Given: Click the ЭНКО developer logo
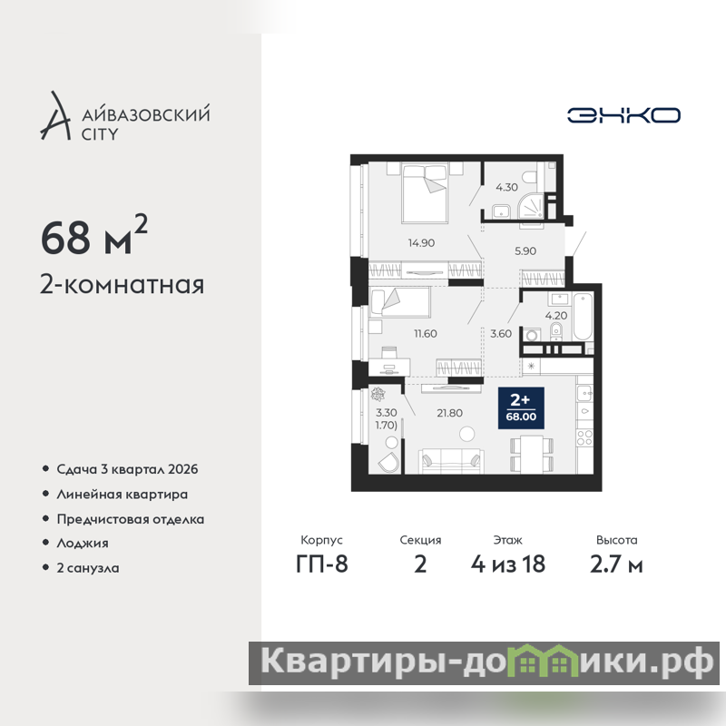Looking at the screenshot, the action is [x=623, y=115].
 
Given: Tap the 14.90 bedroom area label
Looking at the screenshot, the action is [x=421, y=242].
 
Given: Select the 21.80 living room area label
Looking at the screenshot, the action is [x=449, y=413].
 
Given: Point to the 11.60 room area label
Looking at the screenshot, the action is [x=425, y=333].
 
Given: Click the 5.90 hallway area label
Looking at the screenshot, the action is [x=525, y=251].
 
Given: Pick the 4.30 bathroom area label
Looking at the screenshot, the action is [x=506, y=187].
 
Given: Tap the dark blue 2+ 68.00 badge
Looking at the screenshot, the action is [x=521, y=407].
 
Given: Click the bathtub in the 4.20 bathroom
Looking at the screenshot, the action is [x=583, y=317].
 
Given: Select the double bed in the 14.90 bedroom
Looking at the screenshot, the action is [x=425, y=193].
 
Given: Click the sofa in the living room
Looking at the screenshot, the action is [x=451, y=461].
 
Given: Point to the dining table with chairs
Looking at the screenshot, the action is [x=532, y=454].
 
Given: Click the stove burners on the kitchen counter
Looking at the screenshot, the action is [x=584, y=437].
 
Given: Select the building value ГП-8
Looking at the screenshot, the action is [x=322, y=564].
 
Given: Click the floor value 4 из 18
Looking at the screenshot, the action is [x=508, y=564].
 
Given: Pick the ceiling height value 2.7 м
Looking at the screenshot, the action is [x=616, y=564].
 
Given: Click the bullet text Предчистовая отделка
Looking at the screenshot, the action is [x=130, y=519].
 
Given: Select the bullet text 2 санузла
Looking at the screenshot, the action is [x=87, y=568].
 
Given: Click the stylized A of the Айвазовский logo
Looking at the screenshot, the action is [x=55, y=116].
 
